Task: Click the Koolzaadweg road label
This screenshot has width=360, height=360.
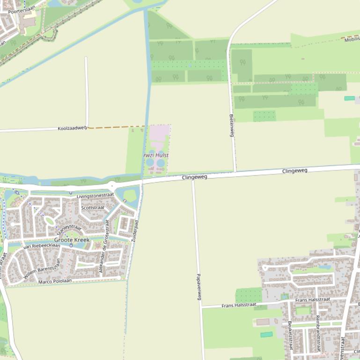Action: pos(72,128)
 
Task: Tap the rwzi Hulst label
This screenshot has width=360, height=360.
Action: pos(156,155)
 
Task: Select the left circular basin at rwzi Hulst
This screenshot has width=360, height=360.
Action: pos(150,163)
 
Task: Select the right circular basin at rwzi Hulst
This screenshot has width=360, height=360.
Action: pos(161,163)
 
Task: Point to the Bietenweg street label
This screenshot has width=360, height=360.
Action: pos(231,125)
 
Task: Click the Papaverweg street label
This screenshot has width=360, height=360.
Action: pos(198,287)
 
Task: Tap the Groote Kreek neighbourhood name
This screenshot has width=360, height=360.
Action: pos(72,240)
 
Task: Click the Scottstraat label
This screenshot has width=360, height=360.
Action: pos(93,208)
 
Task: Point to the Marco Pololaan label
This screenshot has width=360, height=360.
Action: pos(55,281)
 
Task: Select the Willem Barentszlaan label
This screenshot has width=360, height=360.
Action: pos(43,269)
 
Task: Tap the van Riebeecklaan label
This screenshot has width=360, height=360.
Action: pos(42,246)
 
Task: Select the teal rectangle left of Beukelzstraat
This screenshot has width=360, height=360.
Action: pos(266,335)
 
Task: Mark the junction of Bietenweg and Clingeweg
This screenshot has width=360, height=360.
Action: pos(235,172)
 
